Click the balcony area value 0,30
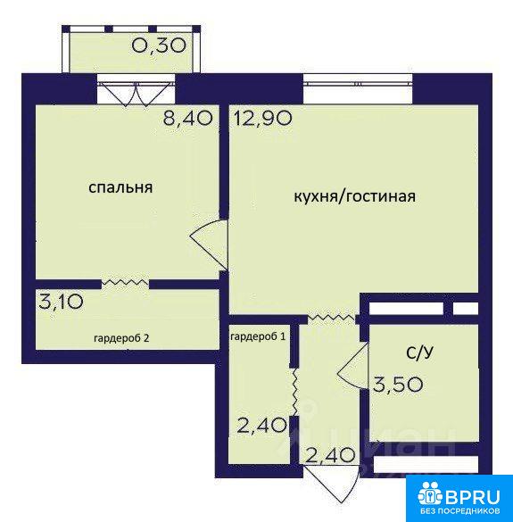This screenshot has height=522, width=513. [x=159, y=46]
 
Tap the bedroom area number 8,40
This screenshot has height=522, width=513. [x=187, y=118]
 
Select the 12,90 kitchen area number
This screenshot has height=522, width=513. [x=263, y=118]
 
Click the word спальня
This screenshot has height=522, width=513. [x=120, y=187]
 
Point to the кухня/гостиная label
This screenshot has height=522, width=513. [x=354, y=196]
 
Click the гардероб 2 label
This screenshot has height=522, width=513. [x=121, y=338]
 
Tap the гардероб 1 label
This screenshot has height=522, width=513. [x=258, y=337]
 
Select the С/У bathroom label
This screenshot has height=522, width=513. [x=420, y=352]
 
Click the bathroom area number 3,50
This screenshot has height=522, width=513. [x=398, y=385]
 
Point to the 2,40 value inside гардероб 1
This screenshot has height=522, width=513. [x=261, y=425]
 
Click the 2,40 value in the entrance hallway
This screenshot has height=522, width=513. [x=330, y=455]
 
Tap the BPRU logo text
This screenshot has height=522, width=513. [x=473, y=497]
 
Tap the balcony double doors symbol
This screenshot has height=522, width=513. [x=136, y=95]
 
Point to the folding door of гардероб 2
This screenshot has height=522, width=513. [x=125, y=282]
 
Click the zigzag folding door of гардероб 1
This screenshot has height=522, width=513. [x=294, y=392]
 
